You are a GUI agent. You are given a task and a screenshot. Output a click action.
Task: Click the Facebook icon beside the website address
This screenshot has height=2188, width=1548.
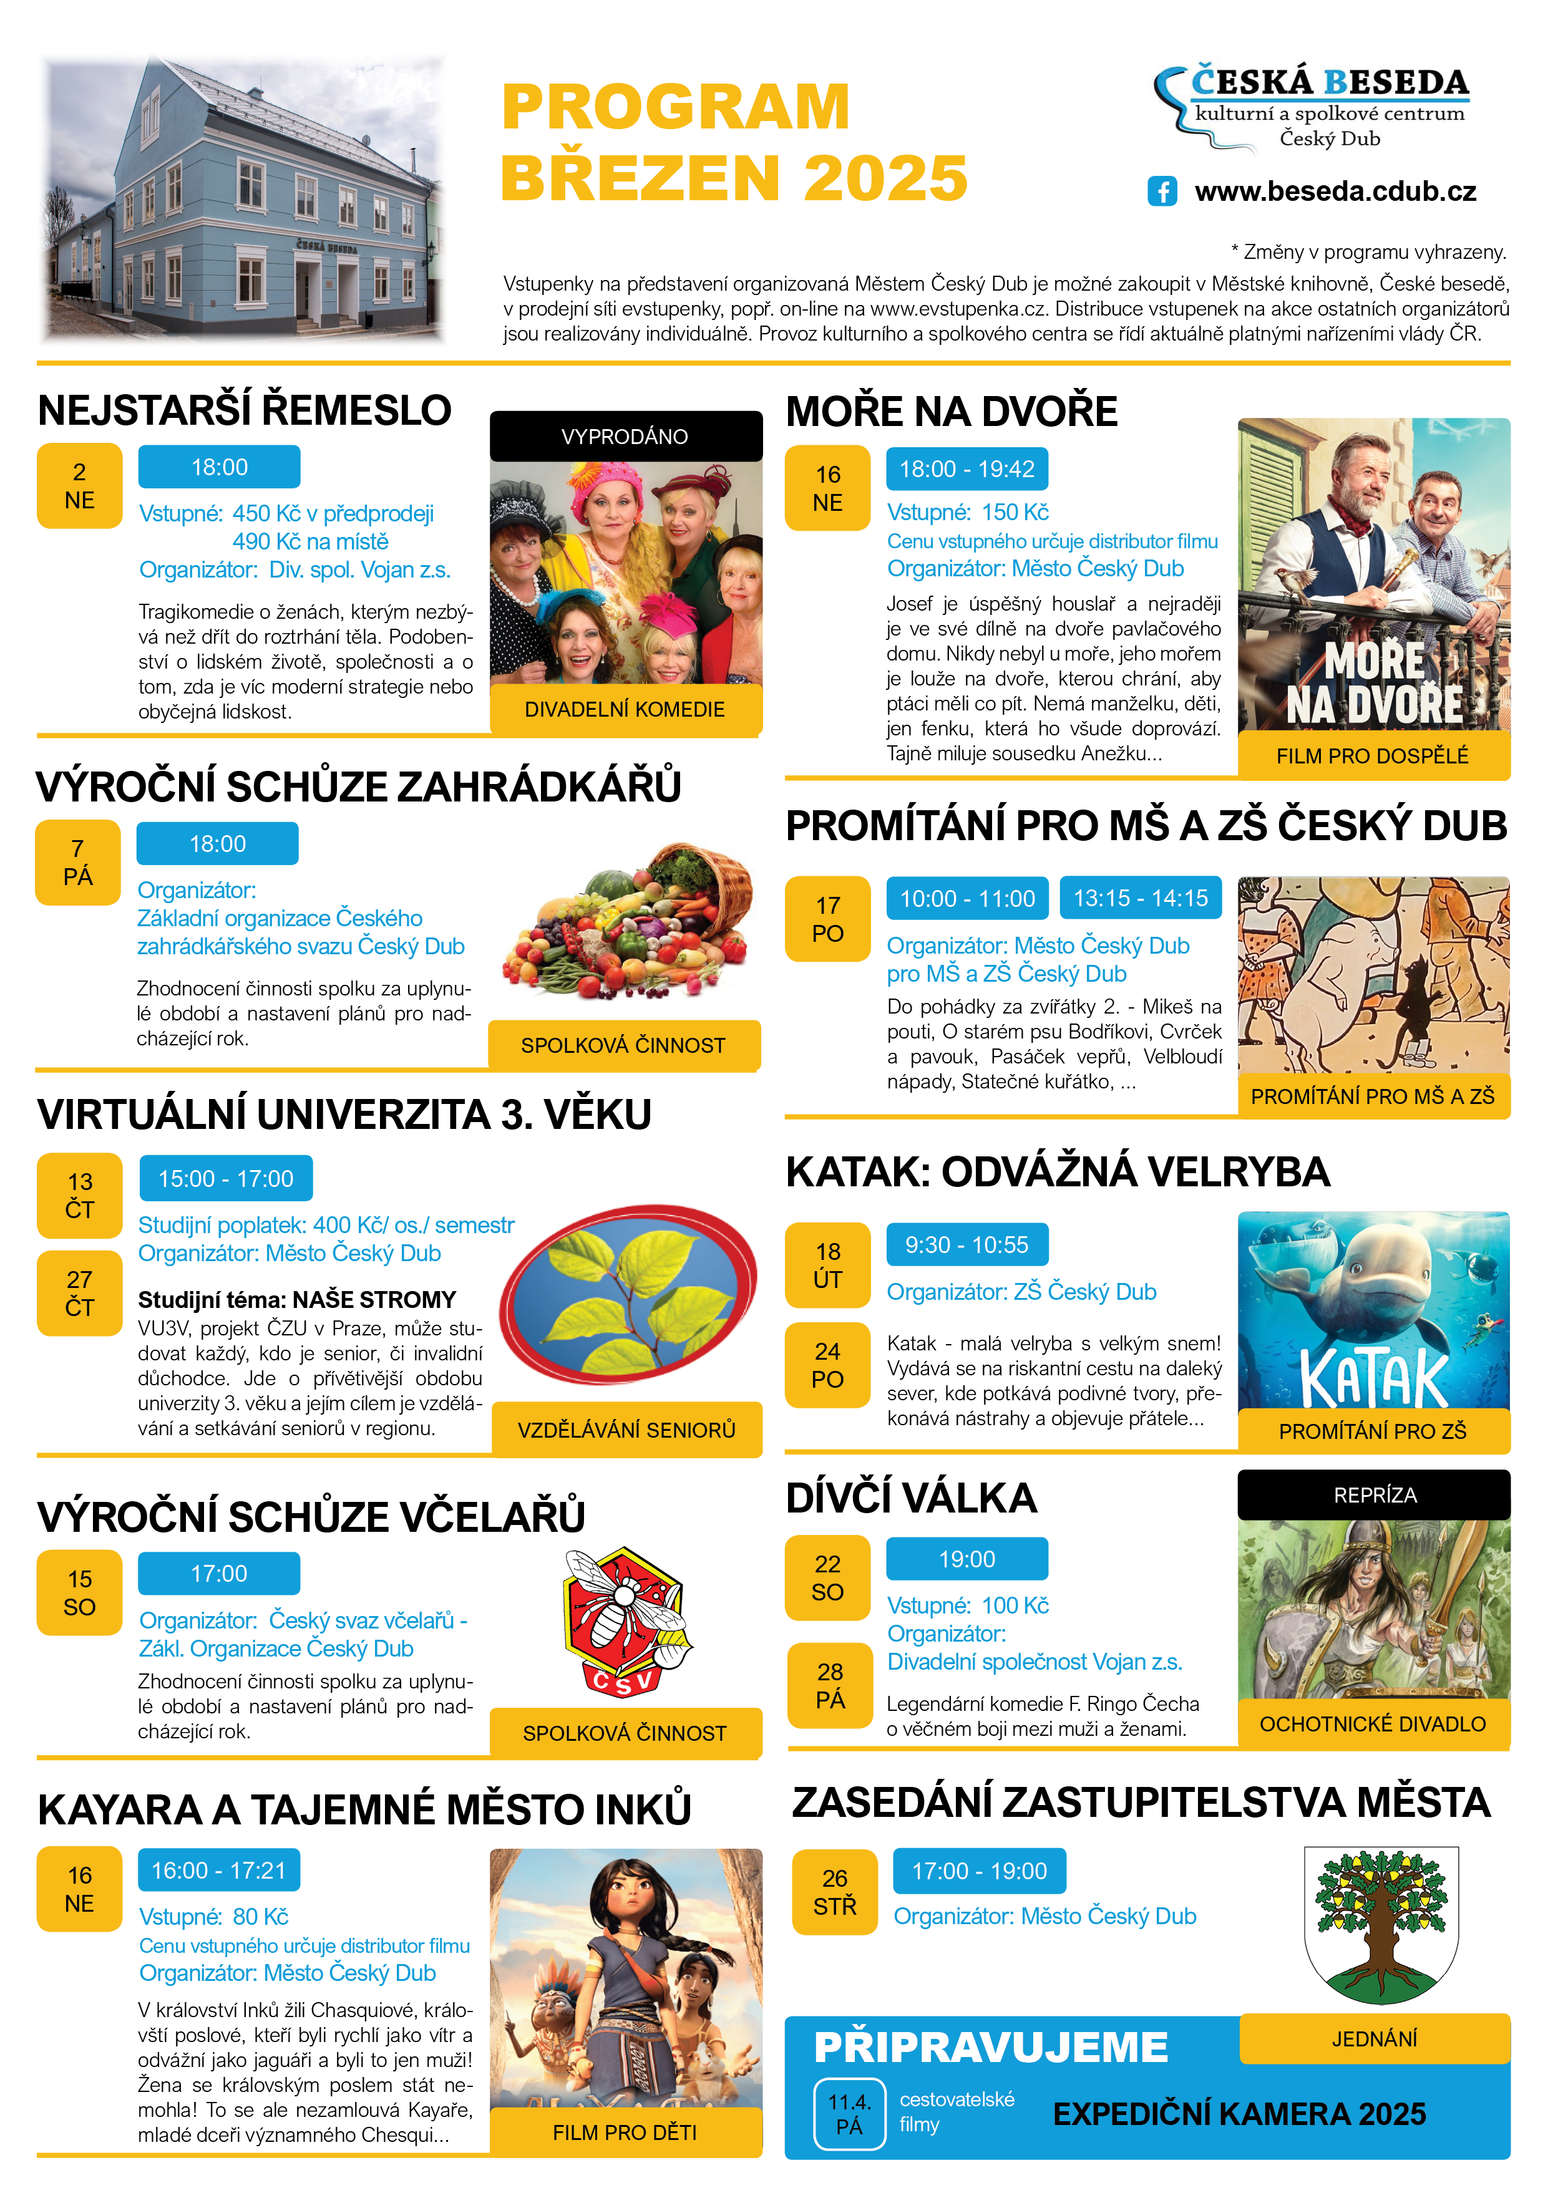(1161, 191)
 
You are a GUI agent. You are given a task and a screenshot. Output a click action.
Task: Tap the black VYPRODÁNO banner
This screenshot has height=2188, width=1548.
(625, 437)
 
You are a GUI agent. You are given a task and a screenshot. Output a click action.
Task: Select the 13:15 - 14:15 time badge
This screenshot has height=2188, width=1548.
(1140, 899)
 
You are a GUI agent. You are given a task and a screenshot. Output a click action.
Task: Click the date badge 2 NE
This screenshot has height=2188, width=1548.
(79, 486)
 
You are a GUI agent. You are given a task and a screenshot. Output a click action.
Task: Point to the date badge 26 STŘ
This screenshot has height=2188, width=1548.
(834, 1892)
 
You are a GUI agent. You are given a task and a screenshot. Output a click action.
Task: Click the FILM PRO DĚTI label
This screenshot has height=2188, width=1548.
(625, 2132)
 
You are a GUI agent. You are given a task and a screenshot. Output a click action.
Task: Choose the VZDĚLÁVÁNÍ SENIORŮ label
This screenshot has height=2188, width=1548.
(626, 1430)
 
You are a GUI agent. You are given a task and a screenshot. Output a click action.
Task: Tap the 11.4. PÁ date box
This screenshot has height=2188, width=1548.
(849, 2114)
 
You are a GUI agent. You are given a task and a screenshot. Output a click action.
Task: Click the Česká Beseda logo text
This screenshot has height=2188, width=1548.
(1329, 84)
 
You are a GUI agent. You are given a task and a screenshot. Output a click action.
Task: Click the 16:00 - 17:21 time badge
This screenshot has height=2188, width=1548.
(218, 1870)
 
